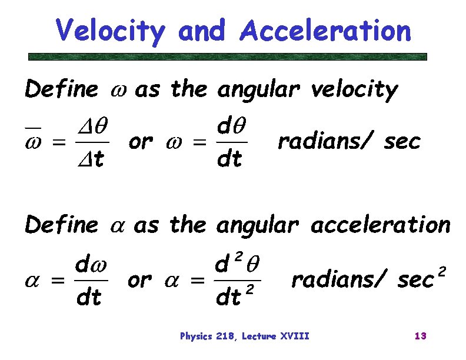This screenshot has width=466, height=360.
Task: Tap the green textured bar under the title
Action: [x=228, y=57]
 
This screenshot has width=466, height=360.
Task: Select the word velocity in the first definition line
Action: [x=354, y=91]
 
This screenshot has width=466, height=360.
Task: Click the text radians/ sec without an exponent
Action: [x=349, y=142]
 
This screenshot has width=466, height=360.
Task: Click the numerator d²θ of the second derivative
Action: [x=235, y=262]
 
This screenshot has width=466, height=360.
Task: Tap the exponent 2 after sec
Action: [x=442, y=272]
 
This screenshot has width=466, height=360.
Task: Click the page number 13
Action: [x=420, y=336]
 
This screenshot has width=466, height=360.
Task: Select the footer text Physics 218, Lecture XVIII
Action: [x=244, y=336]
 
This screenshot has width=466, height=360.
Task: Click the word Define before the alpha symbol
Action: [x=61, y=225]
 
